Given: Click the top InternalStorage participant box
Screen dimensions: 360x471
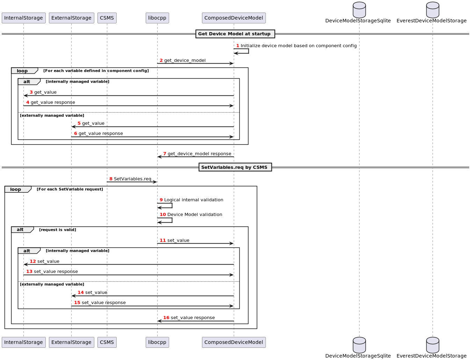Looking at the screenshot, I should point(23,18).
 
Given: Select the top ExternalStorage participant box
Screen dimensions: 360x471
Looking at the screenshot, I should point(71,18).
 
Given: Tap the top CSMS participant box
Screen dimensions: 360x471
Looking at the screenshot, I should point(107,18).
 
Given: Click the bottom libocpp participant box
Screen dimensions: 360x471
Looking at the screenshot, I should point(157,342).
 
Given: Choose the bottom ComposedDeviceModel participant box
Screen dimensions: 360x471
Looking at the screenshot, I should point(234,342).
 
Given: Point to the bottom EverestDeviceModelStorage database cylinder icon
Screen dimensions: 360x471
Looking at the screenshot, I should point(433,345).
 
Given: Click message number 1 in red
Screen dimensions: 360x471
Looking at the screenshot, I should point(238,46).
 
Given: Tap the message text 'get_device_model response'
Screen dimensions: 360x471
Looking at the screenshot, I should point(199,154).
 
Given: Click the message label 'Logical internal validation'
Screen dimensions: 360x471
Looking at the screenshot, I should point(194,200).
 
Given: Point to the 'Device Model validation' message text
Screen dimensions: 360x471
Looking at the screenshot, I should point(195,215).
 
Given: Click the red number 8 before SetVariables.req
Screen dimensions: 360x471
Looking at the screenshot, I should point(111,179).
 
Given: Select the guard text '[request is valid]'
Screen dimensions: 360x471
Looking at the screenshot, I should point(58,230).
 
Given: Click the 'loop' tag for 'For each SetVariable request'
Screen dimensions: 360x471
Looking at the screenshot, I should point(16,189).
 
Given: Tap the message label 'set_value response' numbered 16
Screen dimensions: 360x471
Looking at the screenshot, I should point(193,318).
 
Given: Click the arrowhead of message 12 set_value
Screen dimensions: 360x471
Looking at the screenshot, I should point(26,265).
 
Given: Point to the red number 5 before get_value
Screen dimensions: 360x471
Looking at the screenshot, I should point(79,123).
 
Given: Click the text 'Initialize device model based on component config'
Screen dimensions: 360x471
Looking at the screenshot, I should point(298,46).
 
